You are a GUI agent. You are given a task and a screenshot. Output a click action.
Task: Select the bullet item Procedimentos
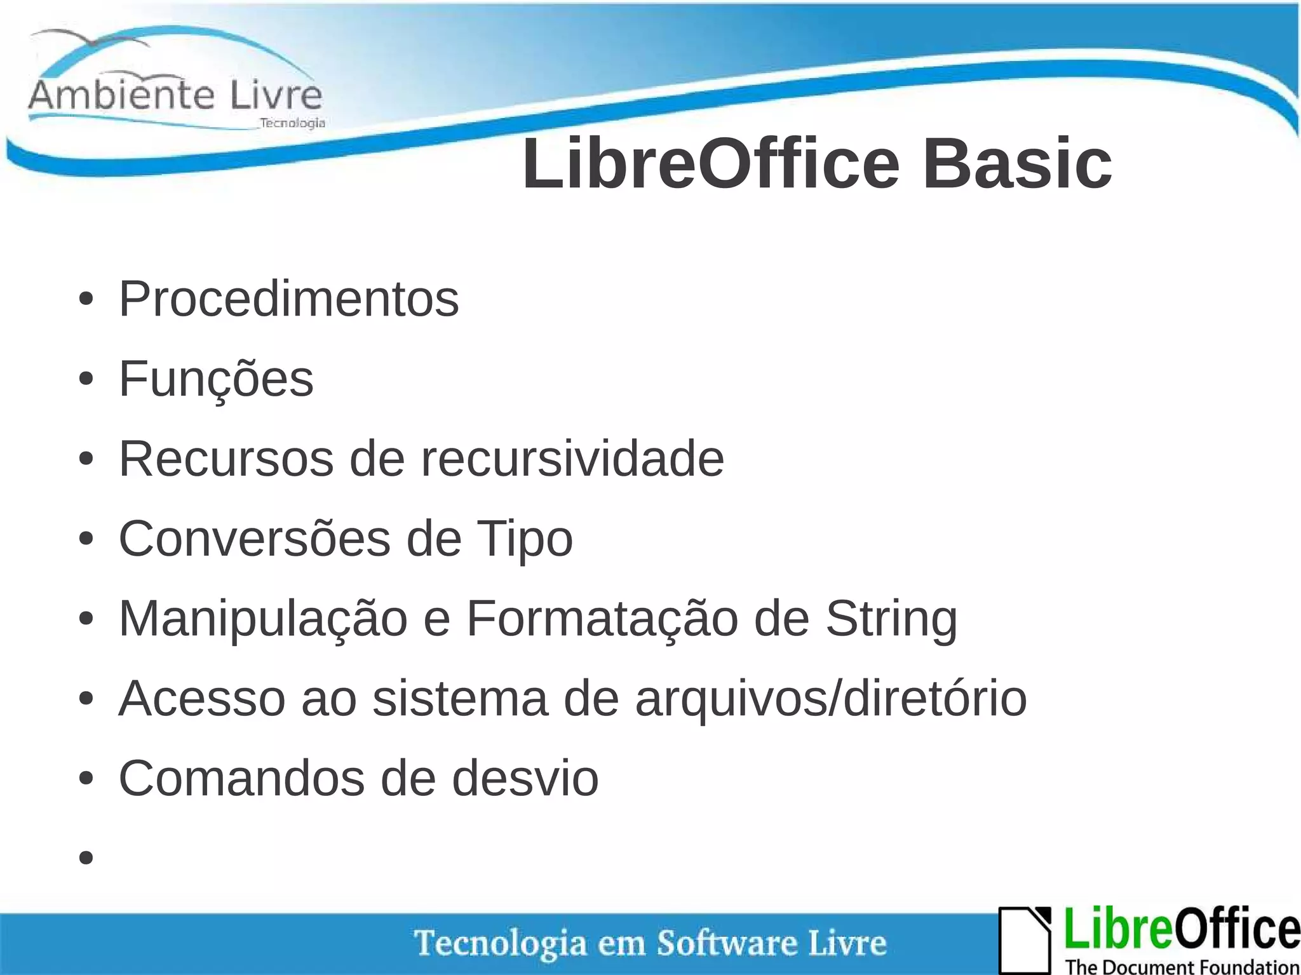tap(288, 299)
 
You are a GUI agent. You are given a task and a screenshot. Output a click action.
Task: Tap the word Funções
tap(216, 379)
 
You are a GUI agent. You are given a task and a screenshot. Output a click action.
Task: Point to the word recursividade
tap(572, 459)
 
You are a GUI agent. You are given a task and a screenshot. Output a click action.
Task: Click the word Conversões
tap(254, 539)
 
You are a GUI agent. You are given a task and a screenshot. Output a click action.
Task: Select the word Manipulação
tap(263, 619)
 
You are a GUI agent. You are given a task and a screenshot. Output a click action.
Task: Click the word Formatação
tap(602, 619)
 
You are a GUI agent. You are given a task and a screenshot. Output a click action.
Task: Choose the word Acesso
tap(202, 699)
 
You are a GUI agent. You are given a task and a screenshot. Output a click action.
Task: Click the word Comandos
tap(241, 779)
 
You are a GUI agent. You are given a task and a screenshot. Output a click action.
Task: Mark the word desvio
tap(525, 779)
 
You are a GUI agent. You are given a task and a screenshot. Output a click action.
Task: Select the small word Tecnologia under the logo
tap(292, 123)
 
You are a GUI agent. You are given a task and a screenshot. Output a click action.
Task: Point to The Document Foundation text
tap(1182, 967)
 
